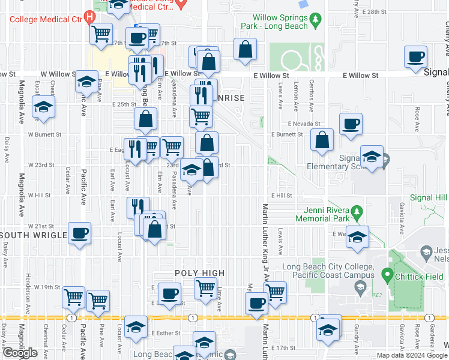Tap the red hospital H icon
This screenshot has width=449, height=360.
coord(90,17)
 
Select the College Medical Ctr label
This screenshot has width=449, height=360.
coord(45,19)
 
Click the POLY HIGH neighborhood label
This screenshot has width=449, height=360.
coord(200,273)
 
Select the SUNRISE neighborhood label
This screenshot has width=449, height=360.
coord(232,98)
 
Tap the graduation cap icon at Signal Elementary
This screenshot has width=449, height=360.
coord(372,157)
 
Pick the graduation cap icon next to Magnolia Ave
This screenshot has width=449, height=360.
coord(43,107)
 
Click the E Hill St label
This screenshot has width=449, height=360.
coord(280,196)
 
